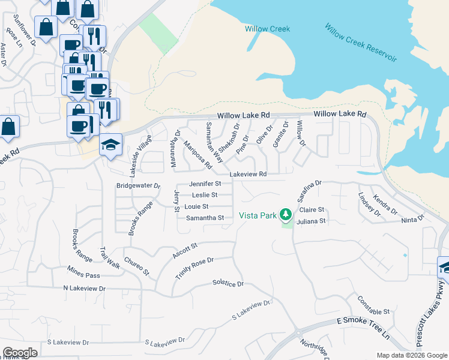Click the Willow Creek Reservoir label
(x=361, y=43)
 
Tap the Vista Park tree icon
(x=286, y=214)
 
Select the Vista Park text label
(x=259, y=215)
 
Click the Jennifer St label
(x=205, y=184)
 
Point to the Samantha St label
(x=205, y=218)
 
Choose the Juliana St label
(x=312, y=221)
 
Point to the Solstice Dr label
(x=228, y=283)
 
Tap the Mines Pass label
(x=83, y=275)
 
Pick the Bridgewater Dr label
(x=139, y=187)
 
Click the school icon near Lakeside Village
(x=111, y=145)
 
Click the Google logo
(x=20, y=353)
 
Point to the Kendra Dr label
(x=385, y=204)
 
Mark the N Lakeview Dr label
(x=84, y=289)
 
